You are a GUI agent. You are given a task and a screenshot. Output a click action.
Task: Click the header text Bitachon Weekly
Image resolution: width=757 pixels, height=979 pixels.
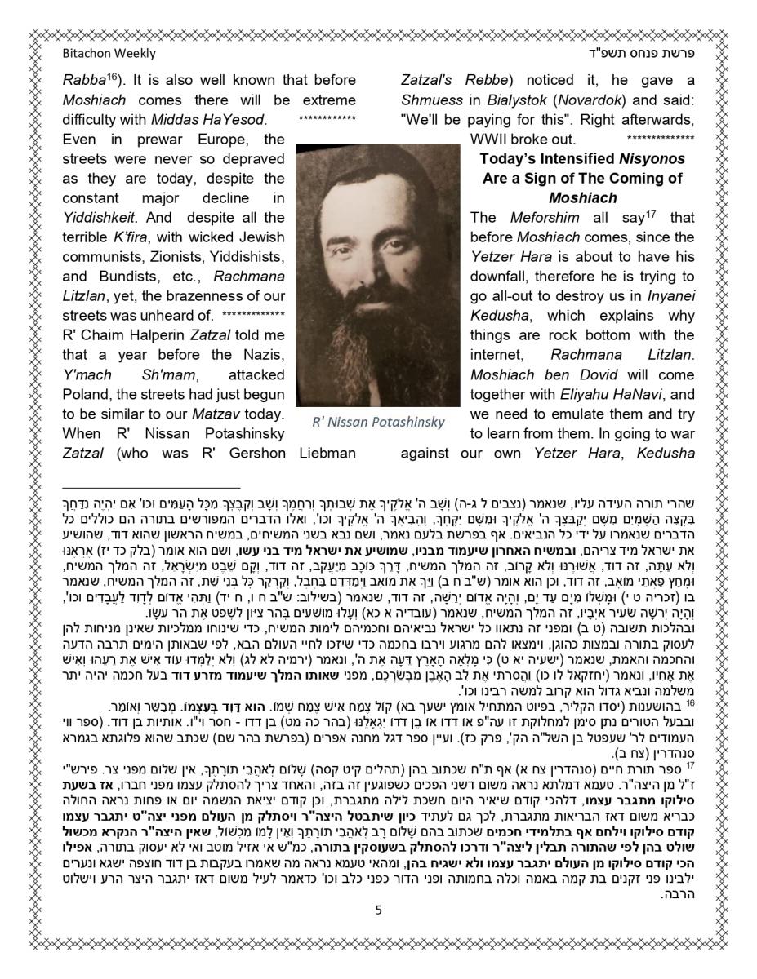point(109,54)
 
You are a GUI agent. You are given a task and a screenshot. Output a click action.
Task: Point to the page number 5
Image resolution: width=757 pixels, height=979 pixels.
point(378,910)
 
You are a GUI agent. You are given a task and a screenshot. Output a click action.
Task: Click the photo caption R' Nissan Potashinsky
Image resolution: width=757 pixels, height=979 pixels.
point(378,423)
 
